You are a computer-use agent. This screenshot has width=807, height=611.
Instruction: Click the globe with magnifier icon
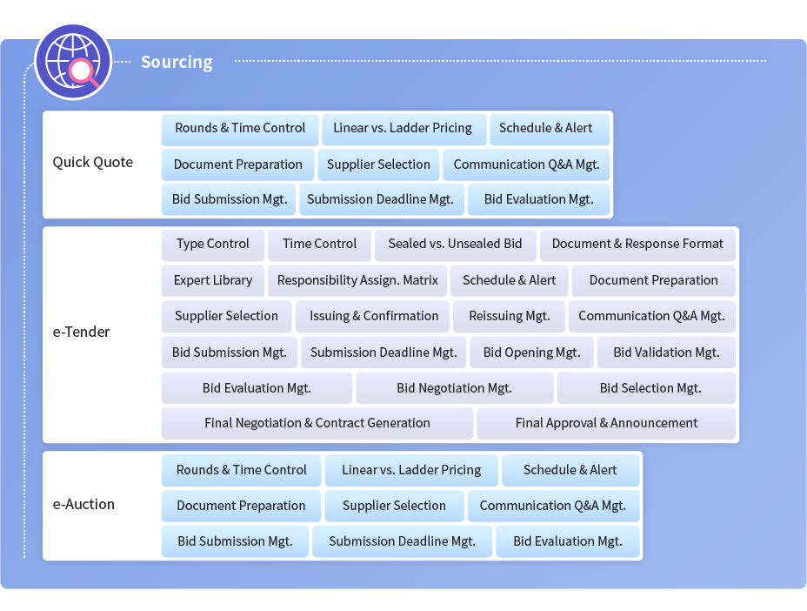click(x=73, y=62)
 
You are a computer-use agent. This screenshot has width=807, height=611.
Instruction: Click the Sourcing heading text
click(x=177, y=62)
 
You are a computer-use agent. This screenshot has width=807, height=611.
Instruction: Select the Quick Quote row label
click(x=93, y=162)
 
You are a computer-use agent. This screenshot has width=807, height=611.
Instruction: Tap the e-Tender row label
click(x=82, y=332)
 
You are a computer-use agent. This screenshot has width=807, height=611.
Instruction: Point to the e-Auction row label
click(x=83, y=504)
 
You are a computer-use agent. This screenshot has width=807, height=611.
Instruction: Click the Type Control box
click(x=212, y=245)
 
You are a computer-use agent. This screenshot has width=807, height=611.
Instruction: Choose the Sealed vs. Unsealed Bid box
click(x=455, y=245)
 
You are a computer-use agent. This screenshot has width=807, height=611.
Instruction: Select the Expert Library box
click(x=212, y=281)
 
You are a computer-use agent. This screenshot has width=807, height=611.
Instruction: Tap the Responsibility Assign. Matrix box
click(x=357, y=281)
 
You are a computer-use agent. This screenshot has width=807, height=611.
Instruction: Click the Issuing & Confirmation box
click(x=374, y=316)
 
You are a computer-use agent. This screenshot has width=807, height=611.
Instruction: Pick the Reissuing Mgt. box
click(x=509, y=316)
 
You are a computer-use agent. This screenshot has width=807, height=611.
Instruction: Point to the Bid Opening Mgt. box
click(x=531, y=352)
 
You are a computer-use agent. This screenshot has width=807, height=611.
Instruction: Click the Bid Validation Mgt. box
click(x=666, y=352)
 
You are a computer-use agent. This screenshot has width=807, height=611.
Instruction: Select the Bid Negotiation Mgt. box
click(x=455, y=388)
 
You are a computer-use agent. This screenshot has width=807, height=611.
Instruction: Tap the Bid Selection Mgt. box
click(x=646, y=388)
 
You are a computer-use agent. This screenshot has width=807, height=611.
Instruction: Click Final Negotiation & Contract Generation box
click(x=317, y=424)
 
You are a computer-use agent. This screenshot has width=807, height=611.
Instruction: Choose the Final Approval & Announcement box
click(x=606, y=424)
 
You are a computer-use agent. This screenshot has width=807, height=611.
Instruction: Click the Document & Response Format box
click(x=637, y=245)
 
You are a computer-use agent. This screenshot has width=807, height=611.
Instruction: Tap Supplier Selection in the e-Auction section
click(x=394, y=506)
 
